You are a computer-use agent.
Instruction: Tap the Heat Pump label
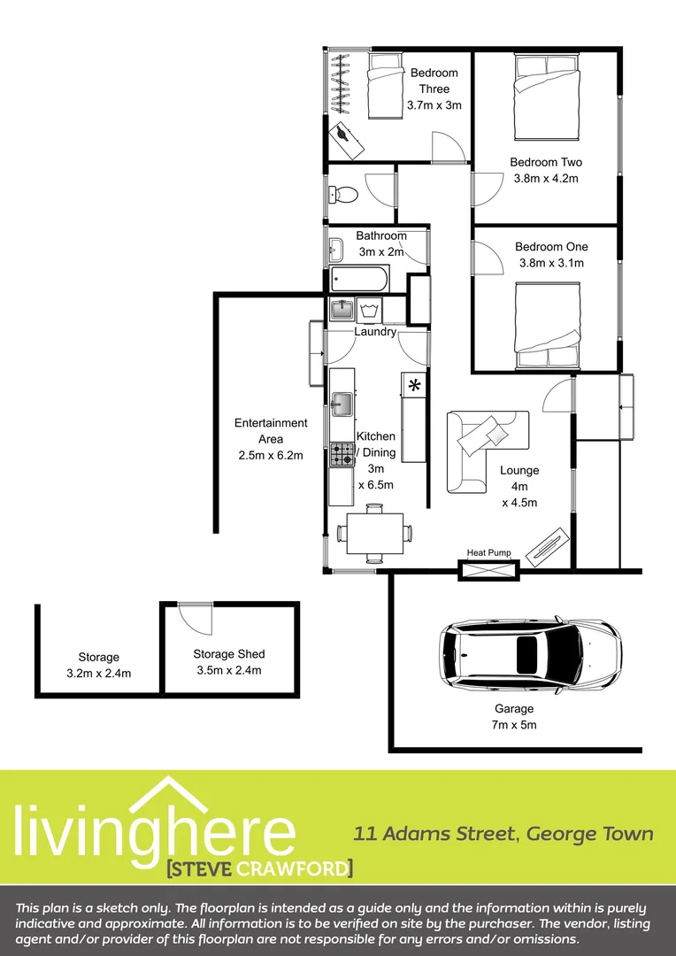click(488, 553)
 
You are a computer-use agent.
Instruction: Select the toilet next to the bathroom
click(342, 193)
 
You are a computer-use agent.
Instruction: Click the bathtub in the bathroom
click(359, 281)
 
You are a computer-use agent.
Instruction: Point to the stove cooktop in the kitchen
click(342, 455)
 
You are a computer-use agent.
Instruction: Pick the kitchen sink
click(342, 405)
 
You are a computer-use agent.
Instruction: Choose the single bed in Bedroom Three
click(383, 87)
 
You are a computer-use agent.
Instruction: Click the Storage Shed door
click(195, 616)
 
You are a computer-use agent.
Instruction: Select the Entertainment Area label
click(271, 431)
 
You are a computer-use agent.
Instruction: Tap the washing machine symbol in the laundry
click(370, 310)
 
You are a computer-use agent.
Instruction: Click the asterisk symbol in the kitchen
click(414, 385)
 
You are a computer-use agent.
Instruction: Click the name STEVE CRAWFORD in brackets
click(259, 867)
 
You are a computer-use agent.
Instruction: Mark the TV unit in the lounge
click(546, 547)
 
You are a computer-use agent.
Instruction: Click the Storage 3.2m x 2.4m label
click(98, 665)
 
